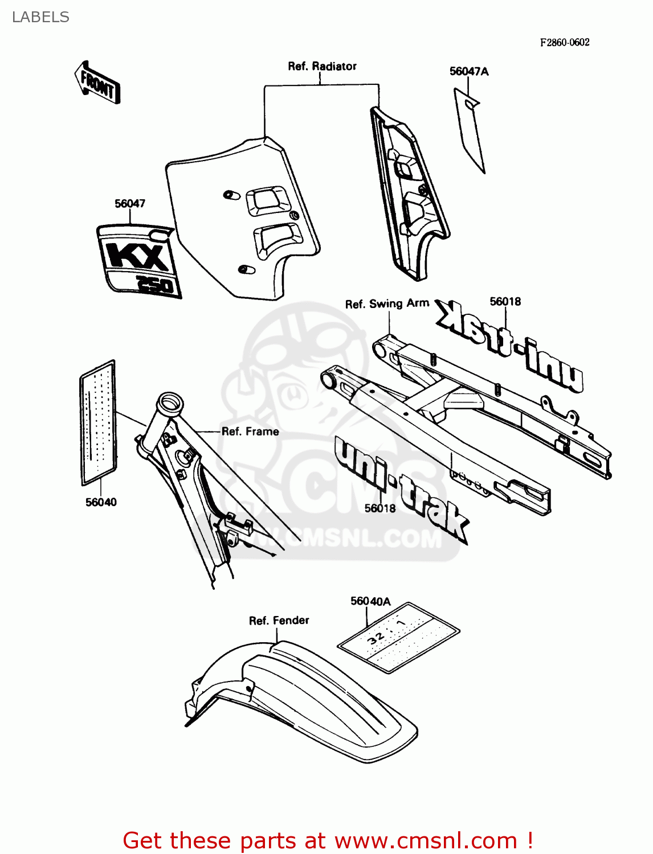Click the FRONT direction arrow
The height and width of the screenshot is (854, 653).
pyautogui.click(x=97, y=83)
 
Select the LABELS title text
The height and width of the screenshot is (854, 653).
pyautogui.click(x=40, y=17)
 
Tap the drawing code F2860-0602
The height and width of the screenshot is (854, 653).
pyautogui.click(x=565, y=42)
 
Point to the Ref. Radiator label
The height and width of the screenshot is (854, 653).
pyautogui.click(x=322, y=66)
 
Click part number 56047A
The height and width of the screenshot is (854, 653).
pyautogui.click(x=469, y=71)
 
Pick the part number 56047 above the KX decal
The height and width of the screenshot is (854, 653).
pyautogui.click(x=130, y=203)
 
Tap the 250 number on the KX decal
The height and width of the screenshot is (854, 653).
pyautogui.click(x=154, y=284)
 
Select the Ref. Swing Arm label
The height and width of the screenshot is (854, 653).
pyautogui.click(x=387, y=303)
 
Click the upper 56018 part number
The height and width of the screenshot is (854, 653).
pyautogui.click(x=505, y=301)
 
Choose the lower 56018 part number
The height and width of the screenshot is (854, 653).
pyautogui.click(x=380, y=508)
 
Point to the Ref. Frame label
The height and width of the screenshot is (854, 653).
pyautogui.click(x=250, y=432)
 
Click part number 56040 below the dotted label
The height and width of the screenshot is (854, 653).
pyautogui.click(x=101, y=502)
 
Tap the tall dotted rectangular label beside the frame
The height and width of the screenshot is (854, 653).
pyautogui.click(x=99, y=422)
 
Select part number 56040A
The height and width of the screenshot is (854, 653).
pyautogui.click(x=370, y=601)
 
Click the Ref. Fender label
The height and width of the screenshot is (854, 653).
pyautogui.click(x=279, y=620)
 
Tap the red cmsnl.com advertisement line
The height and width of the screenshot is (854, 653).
pyautogui.click(x=328, y=840)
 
